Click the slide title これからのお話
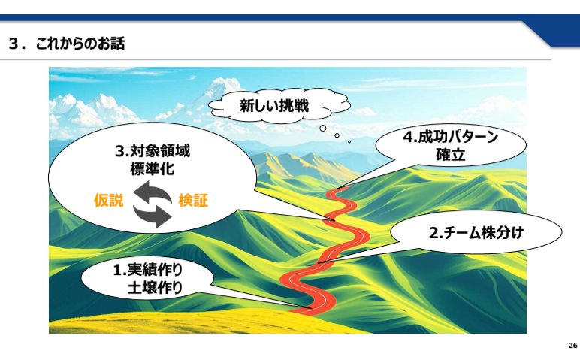tap(80, 44)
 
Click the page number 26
tap(572, 346)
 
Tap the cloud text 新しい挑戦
tap(274, 106)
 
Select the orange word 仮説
tap(108, 201)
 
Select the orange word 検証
tap(193, 201)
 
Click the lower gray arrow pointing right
tap(153, 216)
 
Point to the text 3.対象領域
tap(153, 151)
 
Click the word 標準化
tap(152, 169)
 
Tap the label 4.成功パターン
tap(451, 137)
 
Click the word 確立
tap(450, 155)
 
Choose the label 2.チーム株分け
tap(476, 233)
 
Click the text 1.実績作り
tap(147, 270)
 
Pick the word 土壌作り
tap(155, 288)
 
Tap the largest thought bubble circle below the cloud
tap(323, 129)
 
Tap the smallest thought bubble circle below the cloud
tap(349, 142)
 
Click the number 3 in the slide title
tap(14, 44)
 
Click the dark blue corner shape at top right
tap(555, 32)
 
